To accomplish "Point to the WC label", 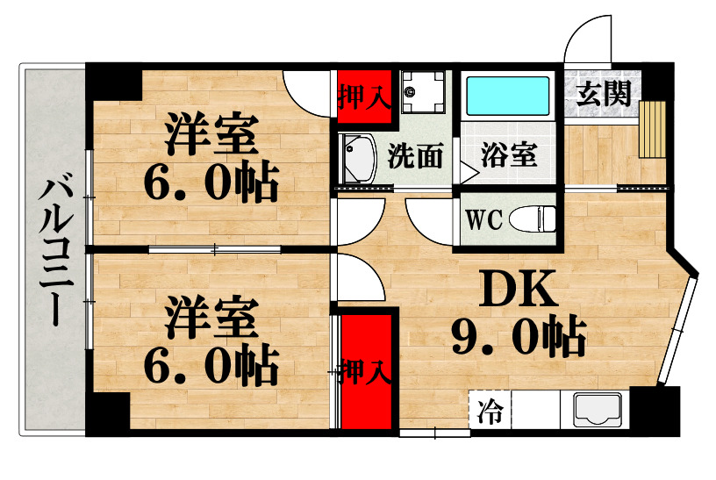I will (x=483, y=220).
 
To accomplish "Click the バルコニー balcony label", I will (x=54, y=249).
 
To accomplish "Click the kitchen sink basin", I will (x=598, y=410).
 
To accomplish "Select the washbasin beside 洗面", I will (x=357, y=160).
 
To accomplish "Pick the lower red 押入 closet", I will (x=365, y=370).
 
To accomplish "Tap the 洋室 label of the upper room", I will (x=211, y=140).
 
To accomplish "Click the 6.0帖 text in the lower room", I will (x=211, y=362).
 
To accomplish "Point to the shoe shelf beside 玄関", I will (x=653, y=130).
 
